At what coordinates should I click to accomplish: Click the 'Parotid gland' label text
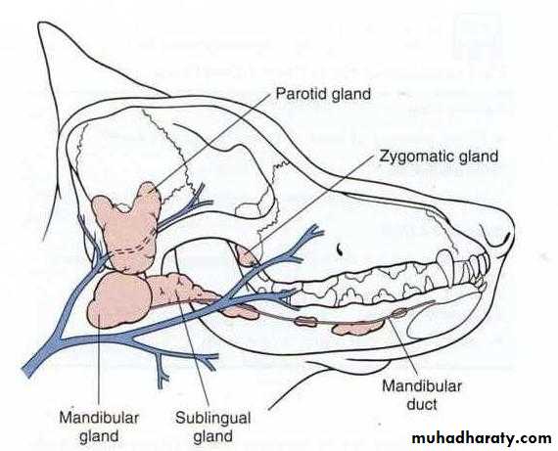[x=323, y=94]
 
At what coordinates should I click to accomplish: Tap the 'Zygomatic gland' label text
[x=439, y=157]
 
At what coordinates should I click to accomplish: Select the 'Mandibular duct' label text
[x=422, y=395]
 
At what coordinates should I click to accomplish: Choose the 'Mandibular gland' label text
[x=99, y=427]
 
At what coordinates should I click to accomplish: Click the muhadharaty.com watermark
[x=482, y=438]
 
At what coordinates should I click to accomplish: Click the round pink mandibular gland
[x=119, y=300]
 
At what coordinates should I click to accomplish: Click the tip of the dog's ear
[x=40, y=24]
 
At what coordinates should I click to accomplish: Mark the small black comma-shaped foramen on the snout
[x=341, y=248]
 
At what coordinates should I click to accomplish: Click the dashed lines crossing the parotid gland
[x=132, y=246]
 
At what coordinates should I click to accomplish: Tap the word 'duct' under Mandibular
[x=422, y=404]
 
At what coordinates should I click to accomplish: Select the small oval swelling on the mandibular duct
[x=399, y=313]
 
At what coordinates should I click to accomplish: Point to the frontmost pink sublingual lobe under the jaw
[x=357, y=328]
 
